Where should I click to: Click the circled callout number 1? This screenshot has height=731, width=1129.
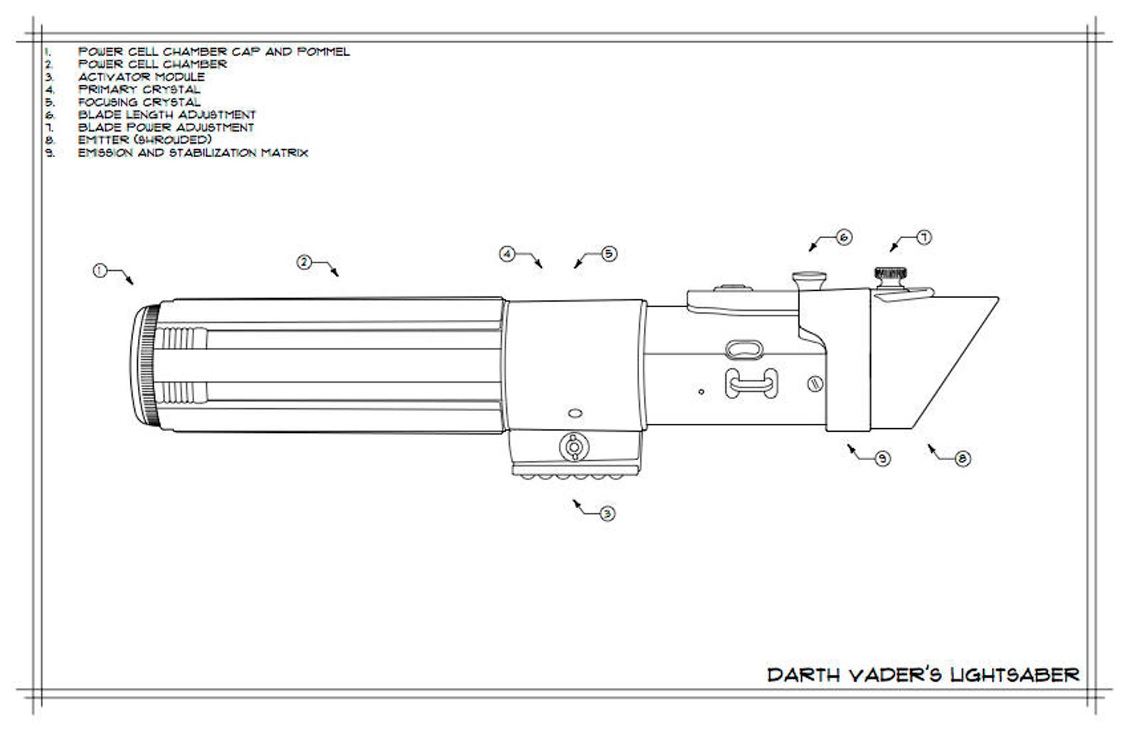pos(100,271)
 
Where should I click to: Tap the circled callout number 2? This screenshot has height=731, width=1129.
pos(304,262)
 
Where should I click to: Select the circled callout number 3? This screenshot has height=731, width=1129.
pos(607,513)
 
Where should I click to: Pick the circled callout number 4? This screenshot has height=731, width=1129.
pos(507,254)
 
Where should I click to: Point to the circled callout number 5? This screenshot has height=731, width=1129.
pos(609,254)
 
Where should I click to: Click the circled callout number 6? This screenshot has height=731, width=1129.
pos(844,238)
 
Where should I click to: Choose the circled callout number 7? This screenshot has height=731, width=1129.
pos(924,238)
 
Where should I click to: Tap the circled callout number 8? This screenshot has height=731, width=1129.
pos(963,459)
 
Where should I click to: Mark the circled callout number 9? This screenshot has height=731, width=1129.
pos(882,458)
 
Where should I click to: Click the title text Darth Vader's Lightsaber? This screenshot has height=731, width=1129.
pos(924,675)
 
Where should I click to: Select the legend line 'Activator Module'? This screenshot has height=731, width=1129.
pos(141,77)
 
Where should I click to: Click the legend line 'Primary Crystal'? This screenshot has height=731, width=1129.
pos(139,90)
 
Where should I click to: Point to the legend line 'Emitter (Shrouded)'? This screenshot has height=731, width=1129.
pos(144,139)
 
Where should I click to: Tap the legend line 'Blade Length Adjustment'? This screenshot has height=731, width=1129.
pos(167,115)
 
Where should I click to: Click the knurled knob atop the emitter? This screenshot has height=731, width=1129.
pos(890,275)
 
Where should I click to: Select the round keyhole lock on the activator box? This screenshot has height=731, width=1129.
pos(573,447)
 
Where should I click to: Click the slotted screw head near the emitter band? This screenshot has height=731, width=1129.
pos(815,384)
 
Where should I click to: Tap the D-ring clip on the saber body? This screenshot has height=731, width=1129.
pos(751,383)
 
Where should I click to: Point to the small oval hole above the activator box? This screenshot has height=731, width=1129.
pos(575,413)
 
